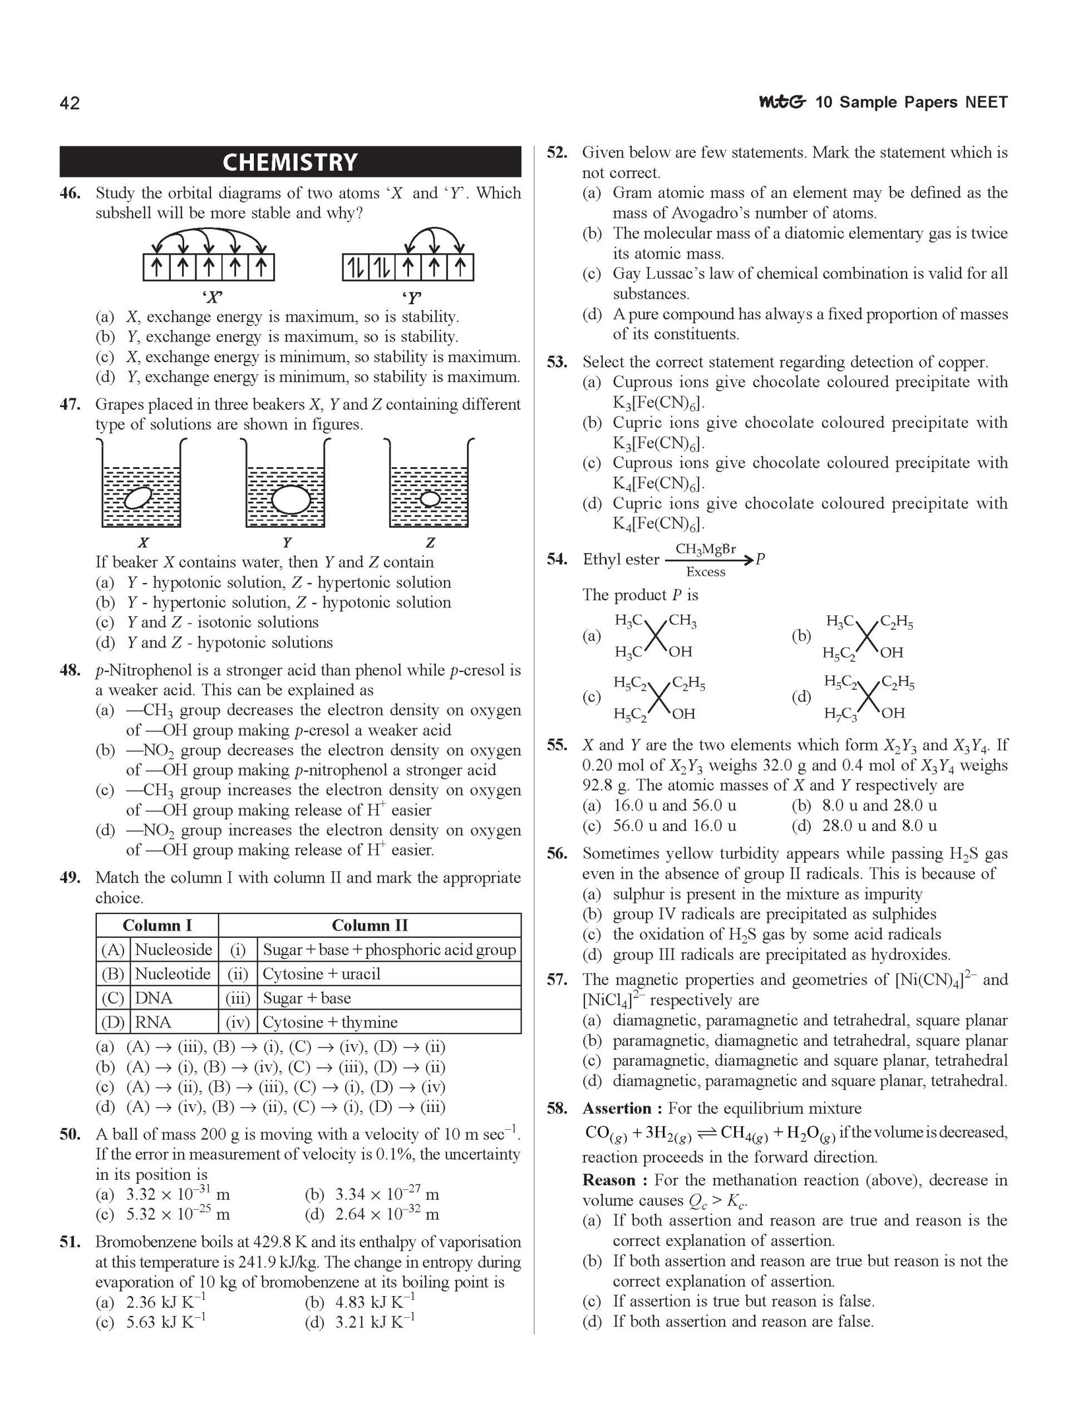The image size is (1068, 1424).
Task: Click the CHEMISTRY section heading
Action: (x=290, y=161)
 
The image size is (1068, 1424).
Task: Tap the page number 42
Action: (x=70, y=103)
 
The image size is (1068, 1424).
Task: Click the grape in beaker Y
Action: (x=291, y=500)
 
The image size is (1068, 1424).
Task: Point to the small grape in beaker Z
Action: (x=430, y=498)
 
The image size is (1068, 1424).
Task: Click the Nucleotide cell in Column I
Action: (x=173, y=973)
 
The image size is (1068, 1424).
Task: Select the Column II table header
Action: (x=369, y=925)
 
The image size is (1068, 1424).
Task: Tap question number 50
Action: (x=70, y=1134)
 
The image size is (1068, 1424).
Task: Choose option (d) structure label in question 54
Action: (x=801, y=696)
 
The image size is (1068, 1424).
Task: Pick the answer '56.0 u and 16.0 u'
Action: (x=675, y=825)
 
